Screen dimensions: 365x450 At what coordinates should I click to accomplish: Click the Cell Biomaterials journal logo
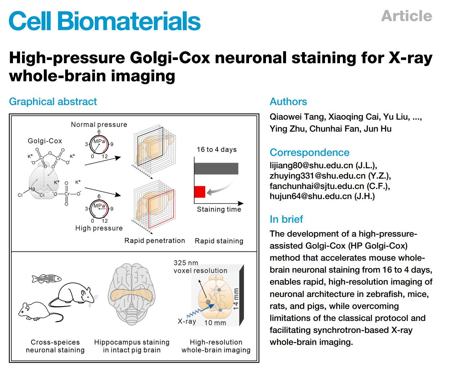point(105,21)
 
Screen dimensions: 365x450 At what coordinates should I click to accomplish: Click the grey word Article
point(406,16)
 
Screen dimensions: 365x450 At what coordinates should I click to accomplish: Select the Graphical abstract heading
point(53,101)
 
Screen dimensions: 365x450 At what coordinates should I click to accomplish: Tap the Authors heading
point(288,101)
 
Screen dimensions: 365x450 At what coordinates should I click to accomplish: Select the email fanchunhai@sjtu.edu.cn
point(317,186)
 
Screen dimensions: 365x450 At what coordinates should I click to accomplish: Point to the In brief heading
point(286,219)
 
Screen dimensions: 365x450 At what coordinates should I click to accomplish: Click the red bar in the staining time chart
point(200,192)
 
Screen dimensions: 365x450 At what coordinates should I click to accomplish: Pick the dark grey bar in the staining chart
point(216,169)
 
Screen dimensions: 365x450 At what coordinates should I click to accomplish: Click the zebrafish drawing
point(46,278)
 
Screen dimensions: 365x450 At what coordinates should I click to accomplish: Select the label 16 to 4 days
point(217,149)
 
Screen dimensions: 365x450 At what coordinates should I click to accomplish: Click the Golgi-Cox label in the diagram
point(45,141)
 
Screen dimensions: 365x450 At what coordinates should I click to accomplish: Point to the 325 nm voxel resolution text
point(200,267)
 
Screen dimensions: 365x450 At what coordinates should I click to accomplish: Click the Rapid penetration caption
point(155,241)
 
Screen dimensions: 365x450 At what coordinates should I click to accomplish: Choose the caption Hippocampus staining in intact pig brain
point(131,346)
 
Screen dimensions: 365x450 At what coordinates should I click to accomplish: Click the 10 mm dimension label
point(215,323)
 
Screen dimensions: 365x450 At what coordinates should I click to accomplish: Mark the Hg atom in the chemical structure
point(32,189)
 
